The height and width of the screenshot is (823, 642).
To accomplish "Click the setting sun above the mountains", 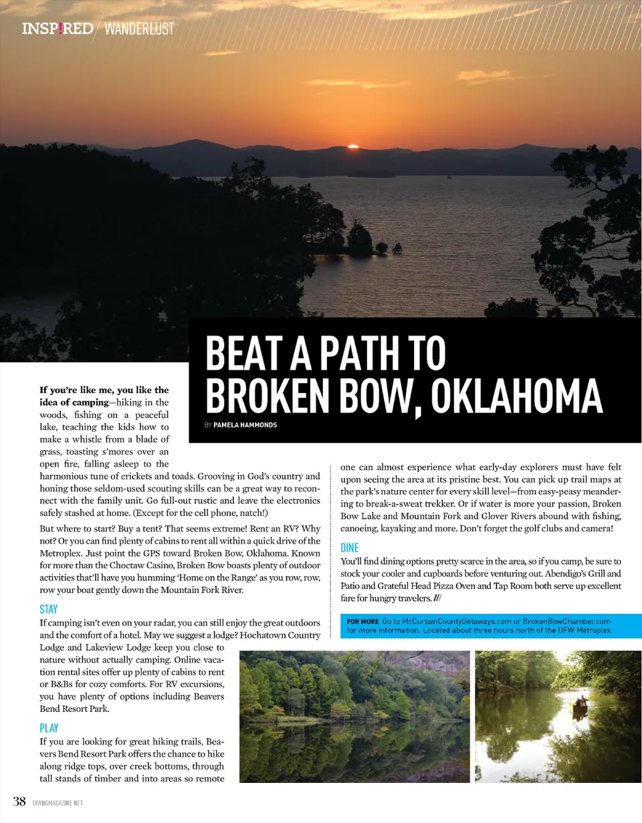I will point(354,146).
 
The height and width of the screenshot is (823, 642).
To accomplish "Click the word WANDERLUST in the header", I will point(139,29).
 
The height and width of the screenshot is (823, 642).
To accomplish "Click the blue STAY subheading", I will point(49,610).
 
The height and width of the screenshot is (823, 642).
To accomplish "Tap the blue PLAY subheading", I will point(49,727).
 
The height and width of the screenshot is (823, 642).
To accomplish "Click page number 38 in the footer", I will point(19,802).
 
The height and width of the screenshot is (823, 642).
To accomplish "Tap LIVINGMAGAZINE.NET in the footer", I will point(58,803).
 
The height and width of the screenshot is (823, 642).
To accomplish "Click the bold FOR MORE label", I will point(362,622).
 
